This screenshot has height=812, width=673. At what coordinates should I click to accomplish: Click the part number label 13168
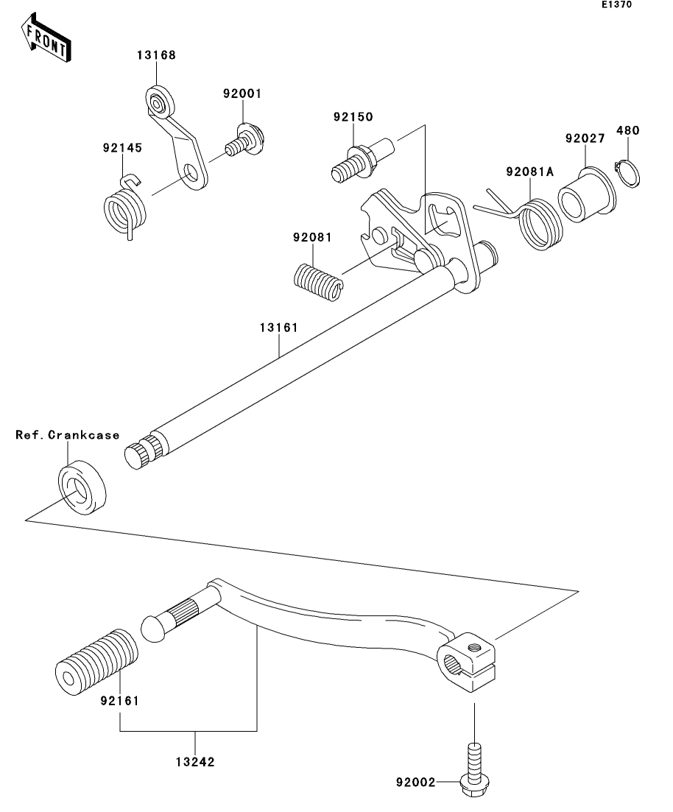155,55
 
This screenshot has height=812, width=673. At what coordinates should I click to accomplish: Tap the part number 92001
243,94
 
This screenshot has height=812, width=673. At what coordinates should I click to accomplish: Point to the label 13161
278,328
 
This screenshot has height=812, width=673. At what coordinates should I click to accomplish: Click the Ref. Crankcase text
68,435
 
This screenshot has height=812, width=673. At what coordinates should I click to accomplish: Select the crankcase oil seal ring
81,488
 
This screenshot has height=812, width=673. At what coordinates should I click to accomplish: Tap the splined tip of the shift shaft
140,453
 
